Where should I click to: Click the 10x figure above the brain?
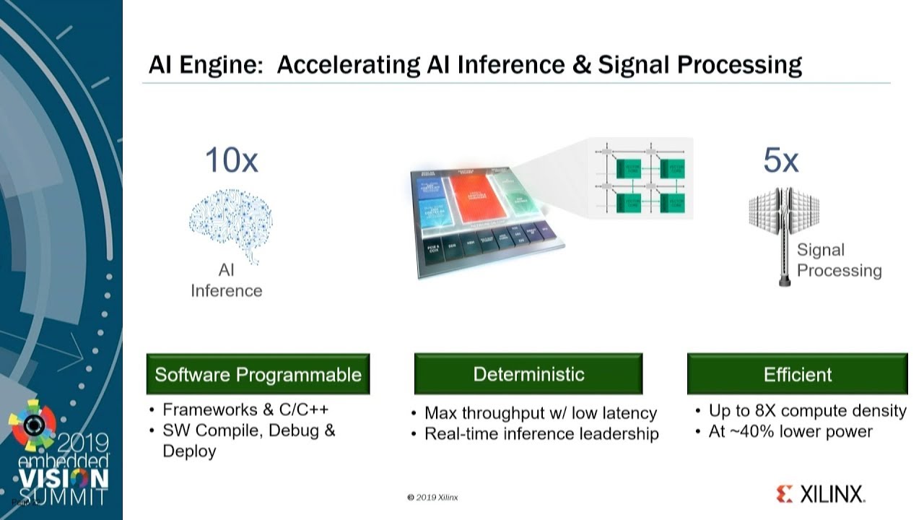coord(231,160)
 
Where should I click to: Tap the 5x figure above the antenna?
coord(780,160)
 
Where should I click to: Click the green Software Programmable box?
coord(258,374)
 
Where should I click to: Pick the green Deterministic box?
coord(528,374)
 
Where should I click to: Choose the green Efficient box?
coord(797,374)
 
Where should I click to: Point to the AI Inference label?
coord(226,281)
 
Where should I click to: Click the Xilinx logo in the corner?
coord(820,494)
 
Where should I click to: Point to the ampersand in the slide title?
coord(577,64)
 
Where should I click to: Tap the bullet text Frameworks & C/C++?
coord(245,409)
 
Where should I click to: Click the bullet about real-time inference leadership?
coord(541,434)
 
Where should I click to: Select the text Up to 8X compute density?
coord(807,411)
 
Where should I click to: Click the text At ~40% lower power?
coord(790,432)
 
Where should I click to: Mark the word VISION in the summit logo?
coord(64,478)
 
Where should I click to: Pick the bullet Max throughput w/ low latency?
coord(540,413)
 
